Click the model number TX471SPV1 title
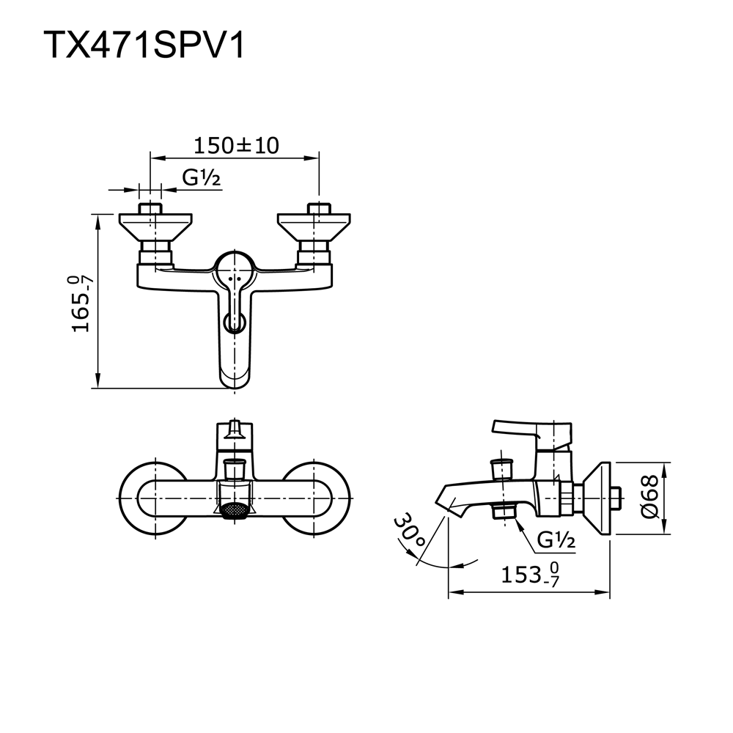click(144, 45)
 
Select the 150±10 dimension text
click(236, 145)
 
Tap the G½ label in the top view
click(201, 177)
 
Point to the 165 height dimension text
click(81, 304)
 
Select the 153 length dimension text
click(530, 575)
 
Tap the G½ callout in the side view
click(556, 540)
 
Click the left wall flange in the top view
click(155, 227)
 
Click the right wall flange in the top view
click(314, 227)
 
